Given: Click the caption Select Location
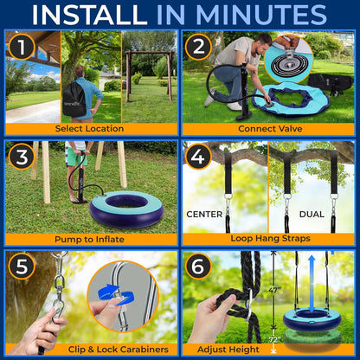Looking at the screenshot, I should click(x=91, y=128).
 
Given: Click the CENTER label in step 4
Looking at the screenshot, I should click(x=205, y=213).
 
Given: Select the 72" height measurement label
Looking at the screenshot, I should click(x=274, y=339).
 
